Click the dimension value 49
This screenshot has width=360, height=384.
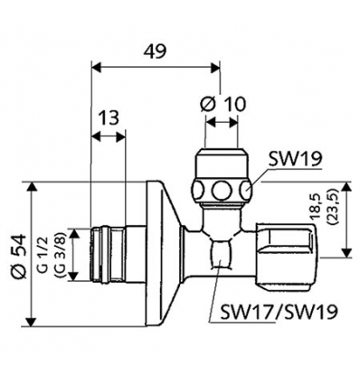156,52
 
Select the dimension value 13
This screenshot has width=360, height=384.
109,117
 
